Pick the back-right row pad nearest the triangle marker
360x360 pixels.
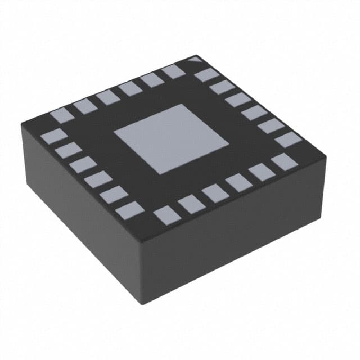[x=206, y=74]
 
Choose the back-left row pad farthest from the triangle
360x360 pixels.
[x=62, y=115]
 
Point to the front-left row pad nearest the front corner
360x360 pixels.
[x=130, y=210]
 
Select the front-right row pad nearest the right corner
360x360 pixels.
[x=283, y=162]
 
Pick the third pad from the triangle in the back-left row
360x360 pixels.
[x=130, y=88]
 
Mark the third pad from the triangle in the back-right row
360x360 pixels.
[x=238, y=100]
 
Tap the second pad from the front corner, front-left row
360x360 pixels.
[x=115, y=195]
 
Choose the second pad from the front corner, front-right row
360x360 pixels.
[x=191, y=204]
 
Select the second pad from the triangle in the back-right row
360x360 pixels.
[x=222, y=87]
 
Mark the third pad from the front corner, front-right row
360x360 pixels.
[x=215, y=193]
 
